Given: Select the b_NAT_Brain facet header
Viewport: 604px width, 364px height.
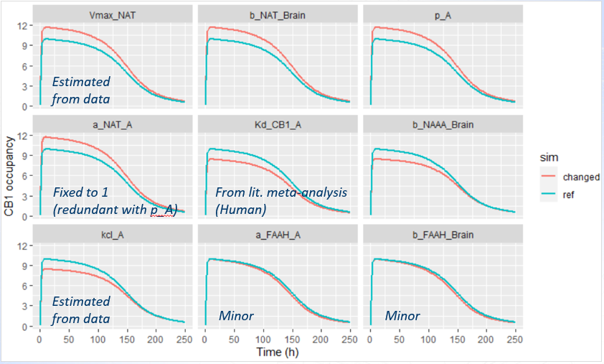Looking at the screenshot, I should tap(277, 14).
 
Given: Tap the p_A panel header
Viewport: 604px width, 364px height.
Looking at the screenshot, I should tap(443, 14).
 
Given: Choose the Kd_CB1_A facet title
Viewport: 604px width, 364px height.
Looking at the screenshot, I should tap(277, 123).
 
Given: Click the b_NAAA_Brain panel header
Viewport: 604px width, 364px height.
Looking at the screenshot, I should tap(443, 123).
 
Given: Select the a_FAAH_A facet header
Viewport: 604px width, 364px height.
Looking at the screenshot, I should tap(277, 234).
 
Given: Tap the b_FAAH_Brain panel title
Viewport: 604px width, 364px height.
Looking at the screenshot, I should tap(443, 234).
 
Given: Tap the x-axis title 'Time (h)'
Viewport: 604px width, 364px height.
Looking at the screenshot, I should tap(276, 353).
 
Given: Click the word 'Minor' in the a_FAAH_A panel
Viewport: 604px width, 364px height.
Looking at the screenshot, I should tap(236, 316).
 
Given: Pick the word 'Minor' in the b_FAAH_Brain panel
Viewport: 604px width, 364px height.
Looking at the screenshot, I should tap(402, 316).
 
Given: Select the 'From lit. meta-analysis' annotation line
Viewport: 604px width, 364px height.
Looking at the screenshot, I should tap(281, 192).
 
